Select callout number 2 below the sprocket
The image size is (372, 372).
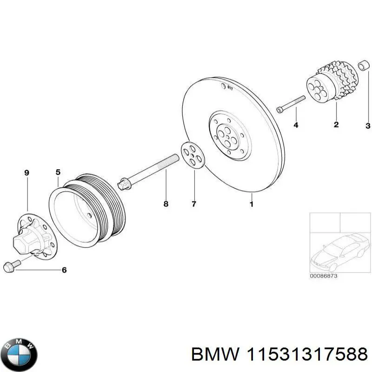[336, 124]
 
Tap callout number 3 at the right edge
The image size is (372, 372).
[367, 126]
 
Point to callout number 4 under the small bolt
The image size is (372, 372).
[295, 125]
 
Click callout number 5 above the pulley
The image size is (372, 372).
[58, 173]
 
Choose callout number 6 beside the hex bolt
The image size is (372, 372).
[64, 270]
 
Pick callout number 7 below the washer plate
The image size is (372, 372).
[194, 204]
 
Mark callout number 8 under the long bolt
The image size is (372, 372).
[166, 204]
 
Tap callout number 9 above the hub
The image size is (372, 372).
[27, 173]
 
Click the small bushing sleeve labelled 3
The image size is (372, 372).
[363, 66]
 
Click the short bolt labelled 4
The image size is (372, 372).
[291, 104]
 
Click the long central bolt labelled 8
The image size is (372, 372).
[149, 173]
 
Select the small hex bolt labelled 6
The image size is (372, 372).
[10, 266]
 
